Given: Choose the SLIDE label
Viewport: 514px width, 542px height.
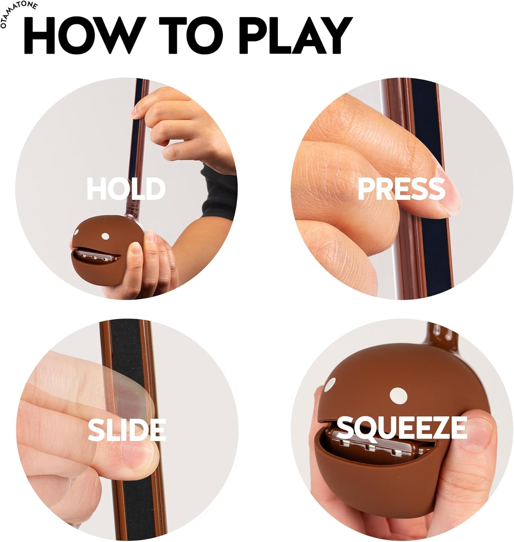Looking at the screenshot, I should pyautogui.click(x=127, y=430).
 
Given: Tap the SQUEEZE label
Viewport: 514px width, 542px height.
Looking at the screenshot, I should pyautogui.click(x=401, y=427).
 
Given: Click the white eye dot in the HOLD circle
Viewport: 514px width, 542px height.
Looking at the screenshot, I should pyautogui.click(x=105, y=237).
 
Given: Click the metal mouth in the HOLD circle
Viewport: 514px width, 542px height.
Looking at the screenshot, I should pyautogui.click(x=96, y=255).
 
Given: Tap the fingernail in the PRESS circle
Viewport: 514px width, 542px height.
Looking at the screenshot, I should pyautogui.click(x=446, y=195).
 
